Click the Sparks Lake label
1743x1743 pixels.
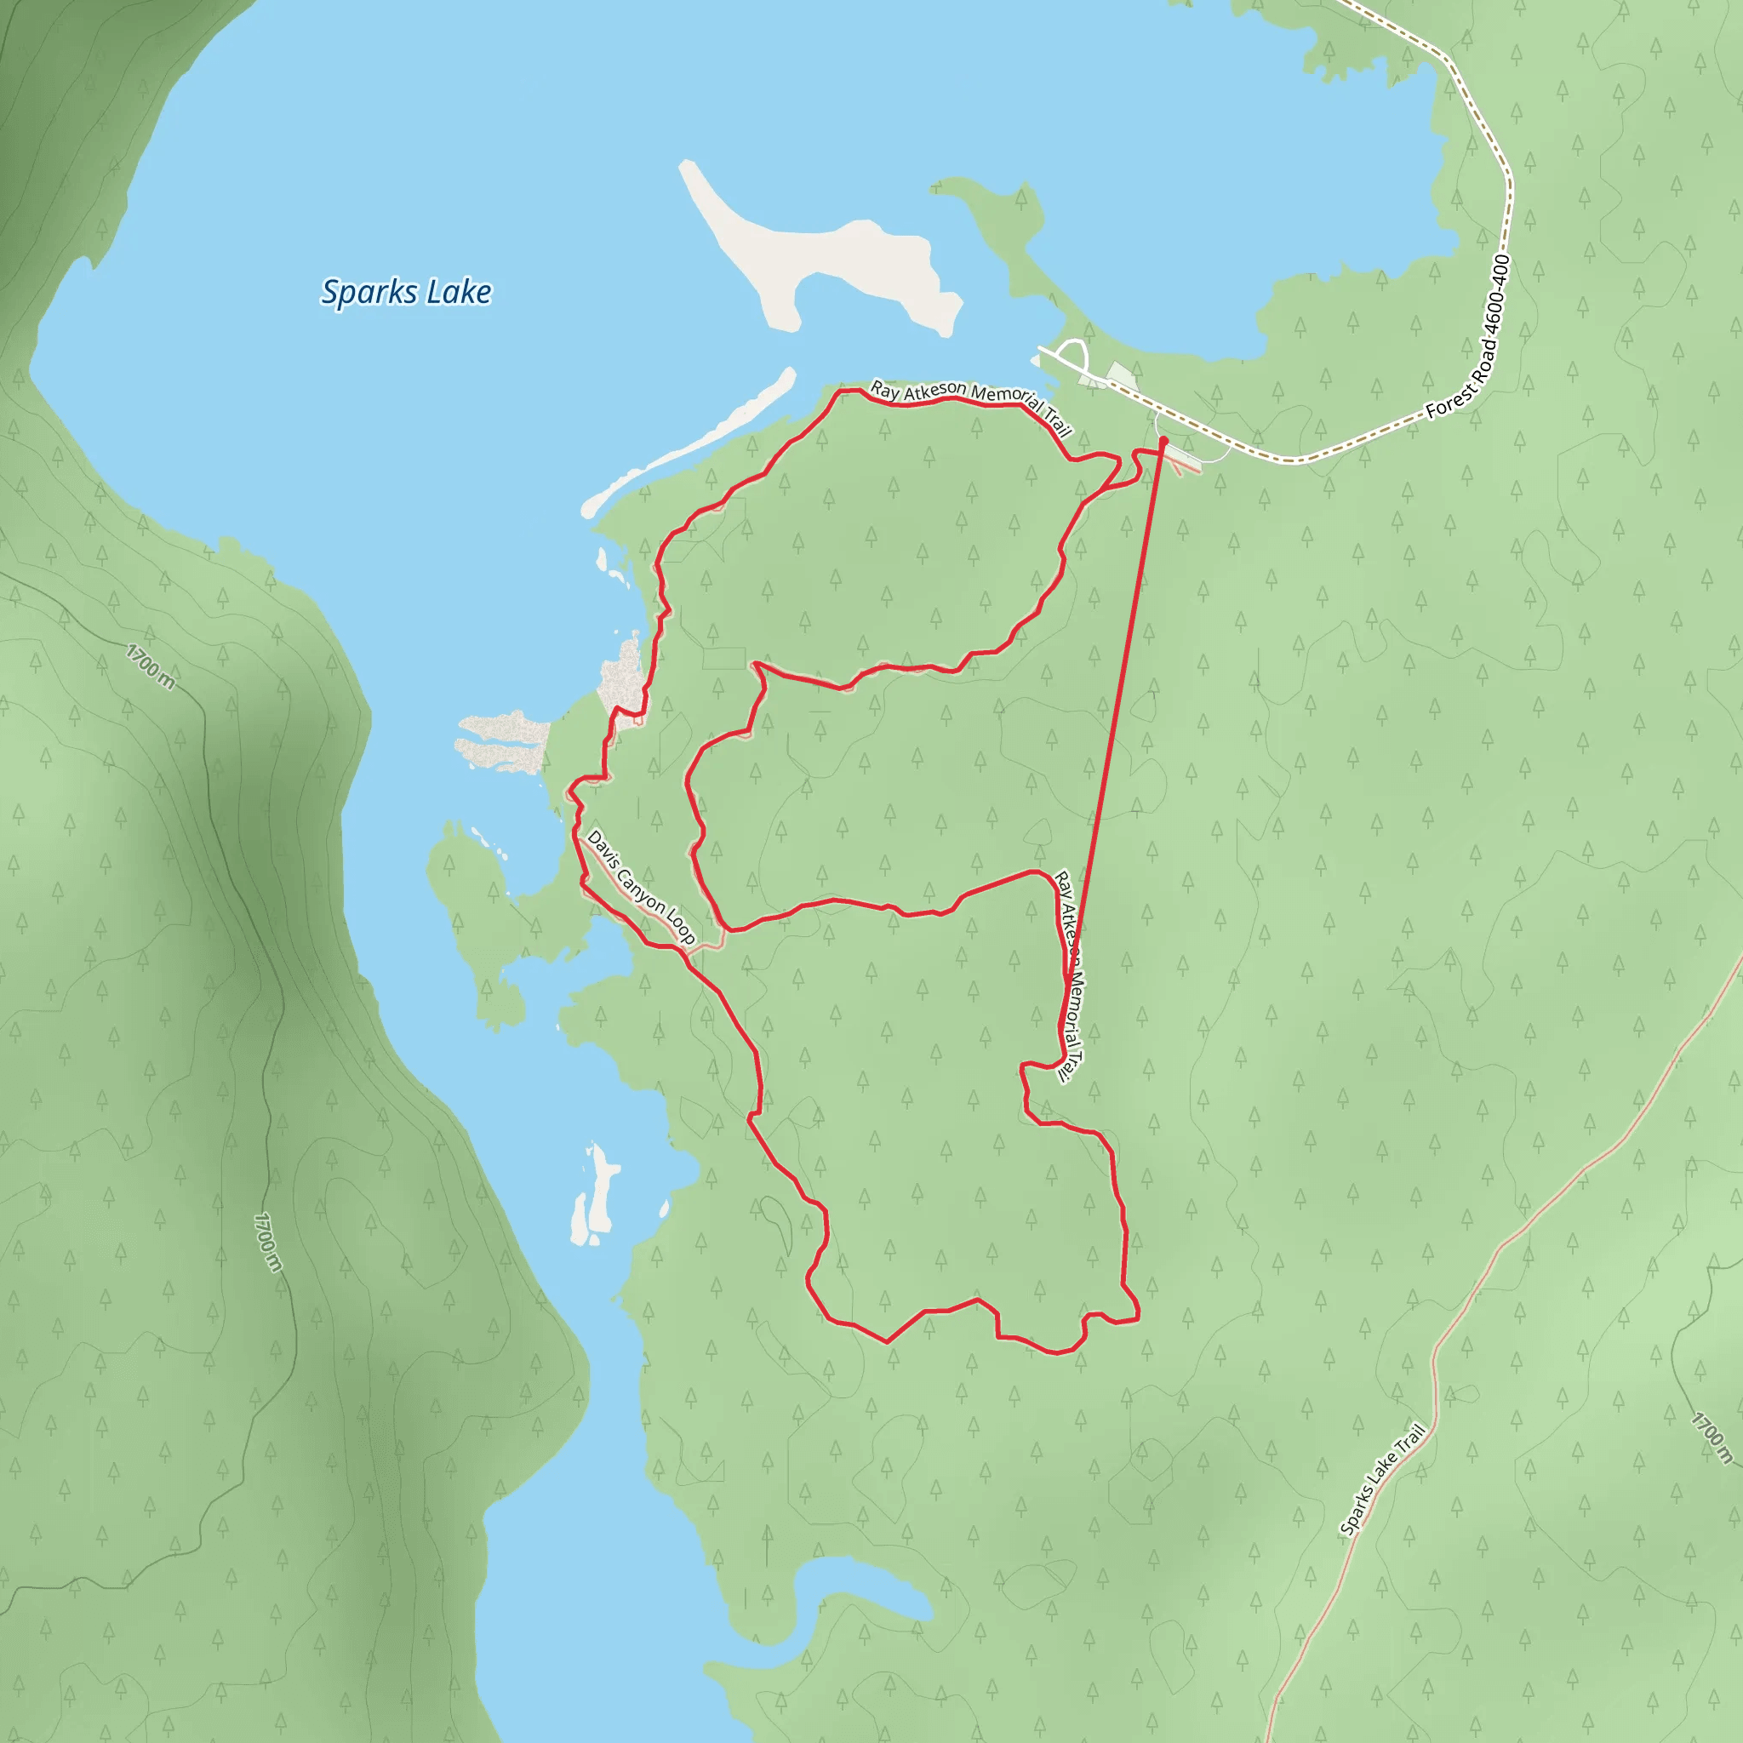tap(406, 292)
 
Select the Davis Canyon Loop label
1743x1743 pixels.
tap(641, 888)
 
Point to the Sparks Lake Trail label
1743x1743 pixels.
tap(1383, 1478)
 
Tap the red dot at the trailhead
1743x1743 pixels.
tap(1163, 440)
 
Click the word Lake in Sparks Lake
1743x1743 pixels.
tap(460, 292)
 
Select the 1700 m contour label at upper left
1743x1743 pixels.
tap(151, 666)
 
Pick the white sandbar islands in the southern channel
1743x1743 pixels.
tap(596, 1196)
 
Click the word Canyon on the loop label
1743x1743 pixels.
tap(640, 887)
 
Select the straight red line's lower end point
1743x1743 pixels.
tap(1068, 983)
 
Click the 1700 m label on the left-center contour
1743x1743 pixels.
tap(268, 1243)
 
